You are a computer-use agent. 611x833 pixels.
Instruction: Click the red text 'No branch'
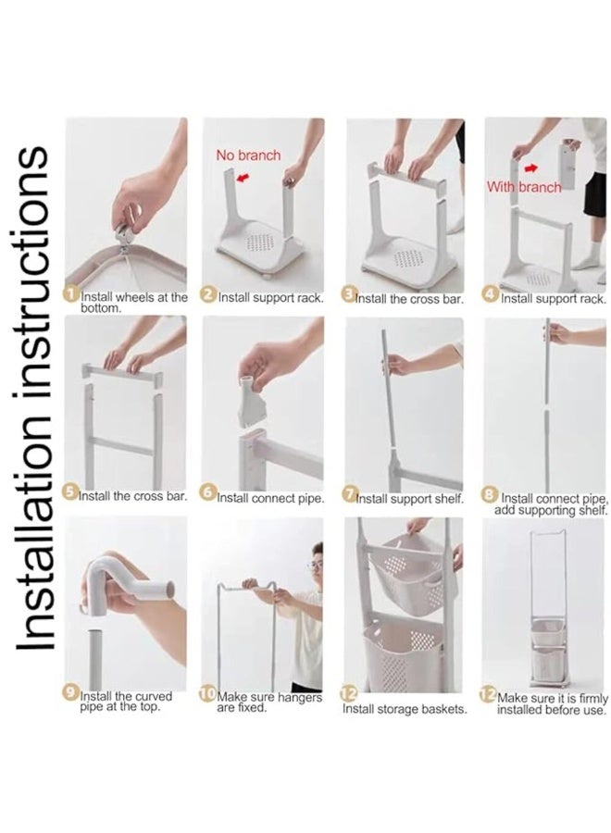pos(248,155)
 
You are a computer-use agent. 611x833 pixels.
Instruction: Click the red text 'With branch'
pos(524,187)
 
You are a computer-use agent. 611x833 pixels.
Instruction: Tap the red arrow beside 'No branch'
pos(243,177)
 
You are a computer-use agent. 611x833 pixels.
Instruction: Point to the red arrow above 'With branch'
pos(530,168)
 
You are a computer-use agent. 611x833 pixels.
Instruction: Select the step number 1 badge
pos(71,293)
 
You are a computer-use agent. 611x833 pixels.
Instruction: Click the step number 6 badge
pos(208,492)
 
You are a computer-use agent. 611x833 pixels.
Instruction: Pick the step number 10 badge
pos(207,693)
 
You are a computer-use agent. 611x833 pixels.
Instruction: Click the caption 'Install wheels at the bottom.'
pos(134,303)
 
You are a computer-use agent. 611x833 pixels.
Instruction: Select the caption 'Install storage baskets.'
pos(405,709)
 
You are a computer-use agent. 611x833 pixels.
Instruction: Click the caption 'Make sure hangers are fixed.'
pos(269,702)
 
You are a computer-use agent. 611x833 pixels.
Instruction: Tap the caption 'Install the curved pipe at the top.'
pos(127,702)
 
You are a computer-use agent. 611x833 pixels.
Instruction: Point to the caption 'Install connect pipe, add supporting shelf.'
pos(552,504)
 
